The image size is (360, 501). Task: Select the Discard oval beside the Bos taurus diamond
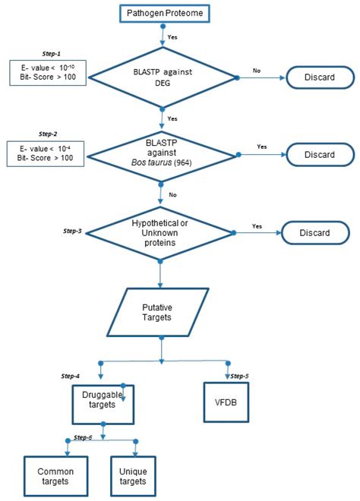320,154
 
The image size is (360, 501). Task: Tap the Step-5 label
240,376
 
